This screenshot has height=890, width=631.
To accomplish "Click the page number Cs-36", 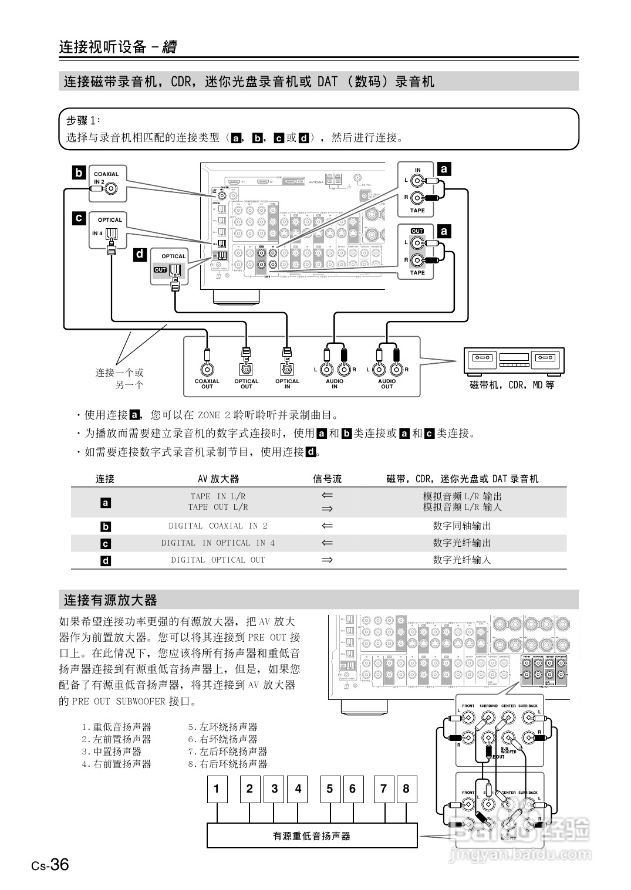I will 50,865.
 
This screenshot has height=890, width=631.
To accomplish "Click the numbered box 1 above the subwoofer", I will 217,789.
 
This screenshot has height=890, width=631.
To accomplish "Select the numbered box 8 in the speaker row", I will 406,789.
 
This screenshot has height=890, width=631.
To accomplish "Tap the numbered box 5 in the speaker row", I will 330,789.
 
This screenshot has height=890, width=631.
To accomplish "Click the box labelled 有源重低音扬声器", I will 312,835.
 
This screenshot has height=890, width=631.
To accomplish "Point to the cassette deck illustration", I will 514,361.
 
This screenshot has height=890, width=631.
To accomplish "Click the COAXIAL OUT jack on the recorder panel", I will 207,370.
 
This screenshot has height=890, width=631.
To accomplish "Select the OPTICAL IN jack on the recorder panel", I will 287,370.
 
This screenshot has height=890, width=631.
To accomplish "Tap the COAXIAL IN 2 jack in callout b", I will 110,188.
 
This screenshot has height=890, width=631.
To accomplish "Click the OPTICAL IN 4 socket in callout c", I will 112,236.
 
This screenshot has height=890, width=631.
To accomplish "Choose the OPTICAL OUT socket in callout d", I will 176,271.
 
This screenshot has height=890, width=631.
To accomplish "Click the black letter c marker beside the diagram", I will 78,218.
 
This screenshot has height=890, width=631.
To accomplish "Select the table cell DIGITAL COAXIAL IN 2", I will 218,526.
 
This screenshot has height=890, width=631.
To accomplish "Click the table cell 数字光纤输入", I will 462,560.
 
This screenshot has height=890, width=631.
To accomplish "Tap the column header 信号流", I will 327,479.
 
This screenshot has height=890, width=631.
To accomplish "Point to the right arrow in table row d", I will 327,560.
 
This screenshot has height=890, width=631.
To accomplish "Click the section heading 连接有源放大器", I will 110,600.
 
